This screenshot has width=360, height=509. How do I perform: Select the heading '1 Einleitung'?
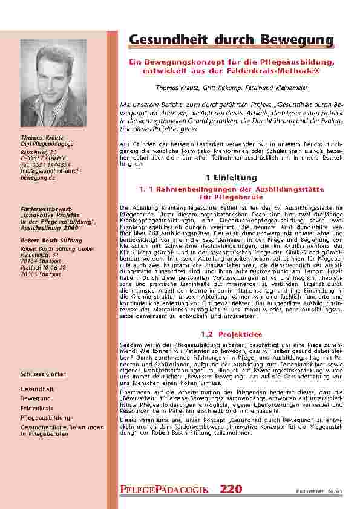(232, 178)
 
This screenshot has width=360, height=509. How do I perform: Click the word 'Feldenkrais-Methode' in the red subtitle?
(283, 72)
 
